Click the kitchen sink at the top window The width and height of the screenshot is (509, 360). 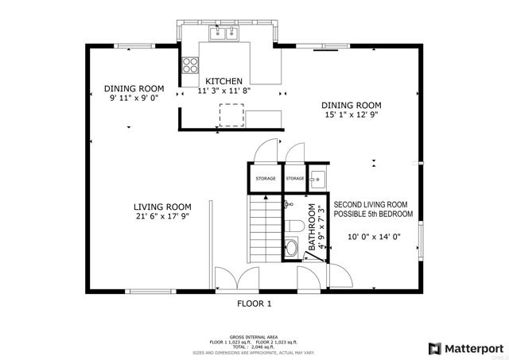click(x=224, y=33)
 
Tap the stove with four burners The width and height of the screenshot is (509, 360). click(x=190, y=65)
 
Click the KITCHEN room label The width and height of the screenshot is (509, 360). click(x=224, y=82)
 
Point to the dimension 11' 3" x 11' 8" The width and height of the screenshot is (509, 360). click(x=224, y=92)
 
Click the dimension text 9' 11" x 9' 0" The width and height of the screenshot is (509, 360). click(x=134, y=99)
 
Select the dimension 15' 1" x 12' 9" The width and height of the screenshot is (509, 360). click(x=351, y=114)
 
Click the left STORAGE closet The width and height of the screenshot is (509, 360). click(x=266, y=179)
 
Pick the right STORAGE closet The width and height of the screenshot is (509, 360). click(x=295, y=179)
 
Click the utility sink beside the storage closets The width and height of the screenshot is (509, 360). click(x=317, y=178)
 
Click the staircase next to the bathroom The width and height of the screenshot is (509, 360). click(x=265, y=226)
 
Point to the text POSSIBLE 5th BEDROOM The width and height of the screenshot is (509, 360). click(x=373, y=215)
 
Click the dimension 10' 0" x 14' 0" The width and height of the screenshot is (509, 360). click(x=374, y=236)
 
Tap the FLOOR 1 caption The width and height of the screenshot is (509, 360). click(x=254, y=304)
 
